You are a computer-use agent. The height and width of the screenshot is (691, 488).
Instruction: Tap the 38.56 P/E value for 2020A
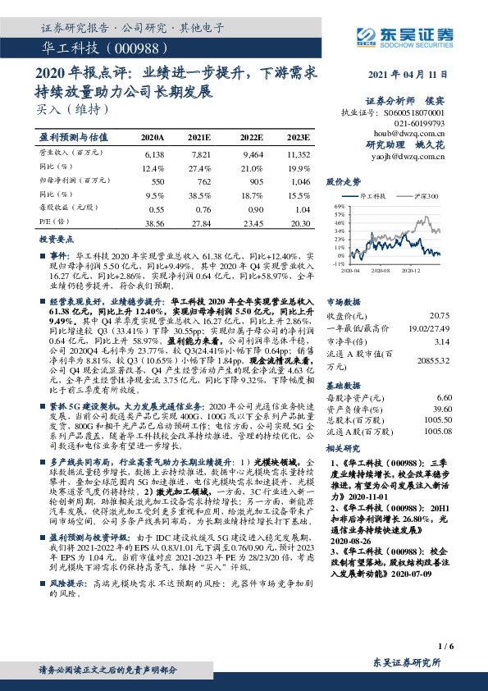tap(153, 223)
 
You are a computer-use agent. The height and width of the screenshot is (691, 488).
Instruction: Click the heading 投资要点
tap(57, 239)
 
